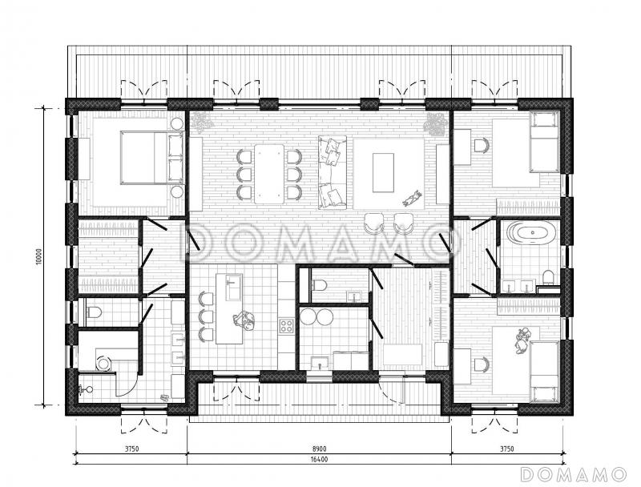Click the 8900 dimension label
[319, 449]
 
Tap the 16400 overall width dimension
[319, 459]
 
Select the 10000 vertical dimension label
[39, 256]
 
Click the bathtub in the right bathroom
[531, 233]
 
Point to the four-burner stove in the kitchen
[287, 326]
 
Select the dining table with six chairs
[269, 174]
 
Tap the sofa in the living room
[333, 172]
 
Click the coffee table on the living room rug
[384, 172]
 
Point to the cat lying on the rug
[412, 198]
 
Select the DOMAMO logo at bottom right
[574, 474]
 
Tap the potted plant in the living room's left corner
[201, 122]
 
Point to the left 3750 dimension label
[131, 449]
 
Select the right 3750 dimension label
[507, 449]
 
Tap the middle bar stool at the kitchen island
[206, 316]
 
